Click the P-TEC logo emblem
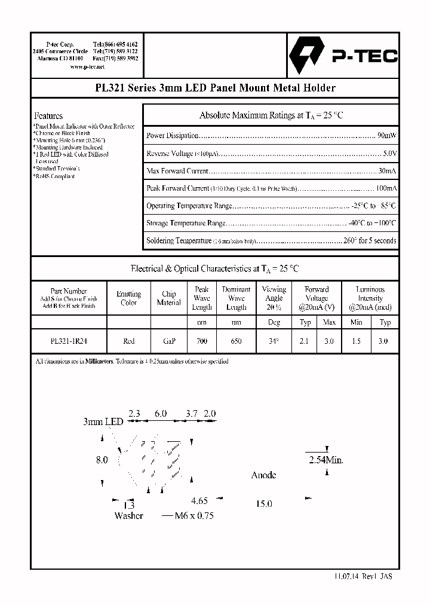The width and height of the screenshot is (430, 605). (305, 56)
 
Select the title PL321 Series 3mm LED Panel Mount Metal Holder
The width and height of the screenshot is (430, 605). (215, 88)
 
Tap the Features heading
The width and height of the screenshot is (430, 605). (48, 115)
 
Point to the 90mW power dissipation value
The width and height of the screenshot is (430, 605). (387, 136)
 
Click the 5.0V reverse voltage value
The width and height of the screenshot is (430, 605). (389, 154)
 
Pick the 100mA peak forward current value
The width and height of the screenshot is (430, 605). (385, 188)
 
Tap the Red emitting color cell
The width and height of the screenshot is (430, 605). (128, 341)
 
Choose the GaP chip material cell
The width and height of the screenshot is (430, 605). (169, 341)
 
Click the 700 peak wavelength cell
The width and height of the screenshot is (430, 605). (202, 341)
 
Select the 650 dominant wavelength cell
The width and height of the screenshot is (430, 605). (236, 341)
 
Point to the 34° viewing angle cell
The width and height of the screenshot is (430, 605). (274, 341)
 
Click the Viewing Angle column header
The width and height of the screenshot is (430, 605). (274, 298)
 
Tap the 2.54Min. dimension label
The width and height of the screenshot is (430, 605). (325, 460)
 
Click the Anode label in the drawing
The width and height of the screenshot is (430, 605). (263, 475)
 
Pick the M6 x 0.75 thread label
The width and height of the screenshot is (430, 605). (193, 515)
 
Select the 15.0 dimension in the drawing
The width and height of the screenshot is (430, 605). (264, 504)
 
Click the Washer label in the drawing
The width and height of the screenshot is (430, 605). (128, 515)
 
